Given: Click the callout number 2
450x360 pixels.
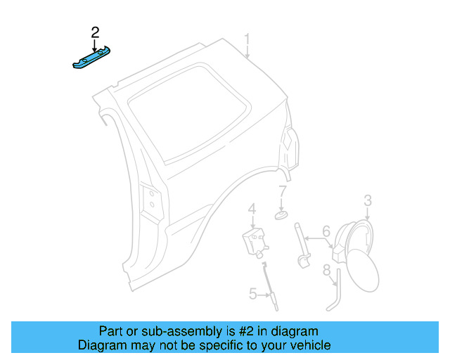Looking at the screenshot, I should [x=95, y=32].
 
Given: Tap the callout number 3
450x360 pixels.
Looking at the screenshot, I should [x=368, y=202].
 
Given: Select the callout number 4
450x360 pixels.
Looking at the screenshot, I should [x=251, y=209].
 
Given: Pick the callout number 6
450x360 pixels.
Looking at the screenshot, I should [x=326, y=231].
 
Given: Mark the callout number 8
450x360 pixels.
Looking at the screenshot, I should [x=327, y=269].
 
